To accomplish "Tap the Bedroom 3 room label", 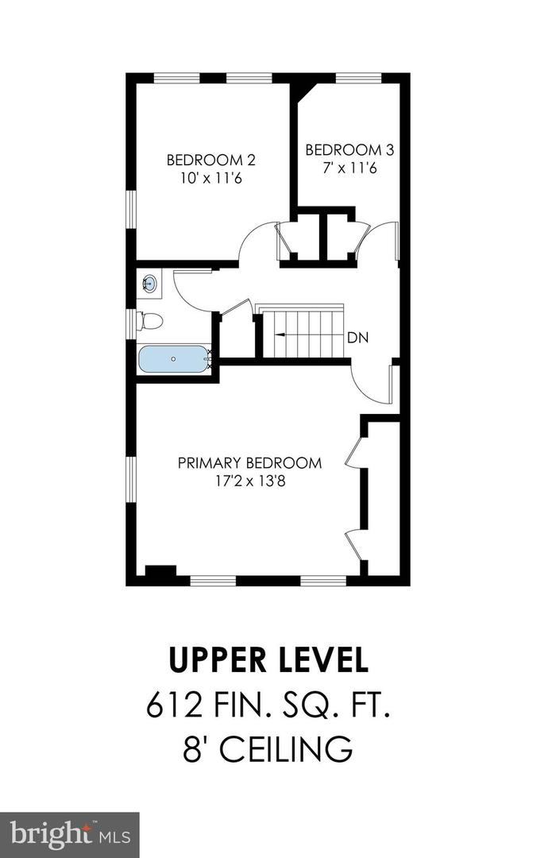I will (349, 149).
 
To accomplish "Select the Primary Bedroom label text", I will (249, 463).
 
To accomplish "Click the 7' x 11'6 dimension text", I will (349, 168).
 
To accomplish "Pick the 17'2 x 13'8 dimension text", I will (249, 481).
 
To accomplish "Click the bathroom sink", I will (149, 284).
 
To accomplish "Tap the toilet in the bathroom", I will (149, 321).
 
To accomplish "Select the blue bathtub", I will (174, 359).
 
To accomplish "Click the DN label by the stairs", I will (357, 338).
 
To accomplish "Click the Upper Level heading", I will (268, 659).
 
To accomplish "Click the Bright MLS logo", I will (69, 834).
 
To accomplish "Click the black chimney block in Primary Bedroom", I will (160, 572).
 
